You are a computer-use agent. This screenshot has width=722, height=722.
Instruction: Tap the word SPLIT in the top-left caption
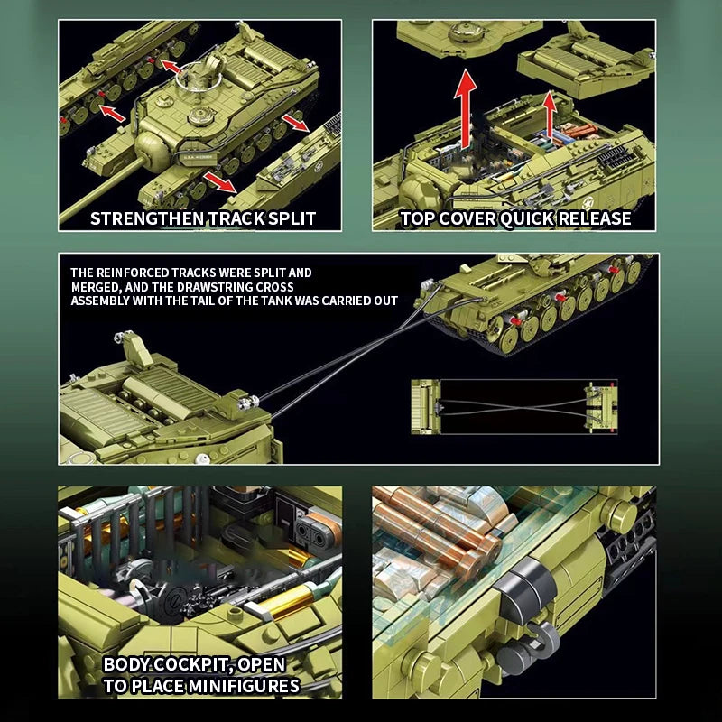[288, 218]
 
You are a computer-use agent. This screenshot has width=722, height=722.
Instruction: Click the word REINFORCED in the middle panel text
[130, 273]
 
